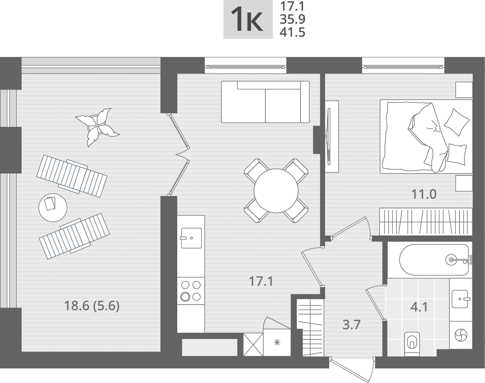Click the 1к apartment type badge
248,20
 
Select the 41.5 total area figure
292,32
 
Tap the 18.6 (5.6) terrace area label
92,306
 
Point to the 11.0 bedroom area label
424,194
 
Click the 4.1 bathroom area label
419,307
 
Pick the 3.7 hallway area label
351,325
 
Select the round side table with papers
53,208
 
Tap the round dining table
276,190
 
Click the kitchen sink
191,238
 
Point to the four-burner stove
191,291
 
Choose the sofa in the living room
265,102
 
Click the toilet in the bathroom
412,344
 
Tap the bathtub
434,260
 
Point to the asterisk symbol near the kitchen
277,343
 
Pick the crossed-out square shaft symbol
253,345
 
